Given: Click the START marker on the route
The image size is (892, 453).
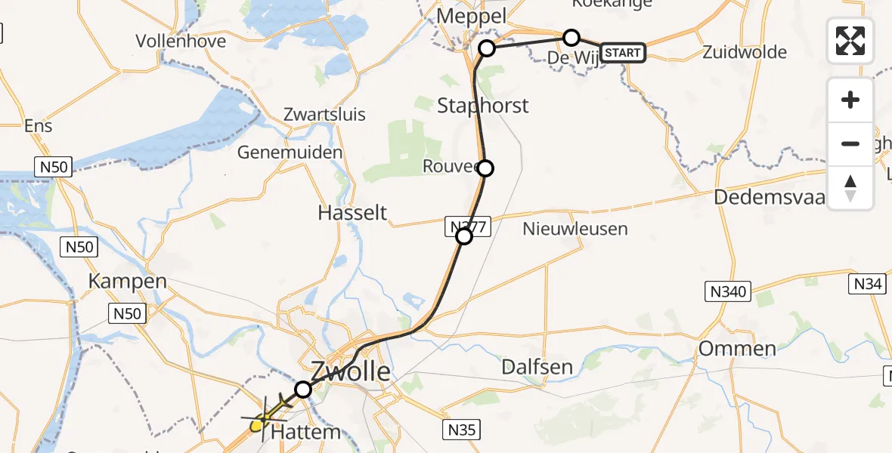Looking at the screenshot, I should click(623, 53).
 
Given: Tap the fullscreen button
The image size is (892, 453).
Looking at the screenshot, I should click(850, 41).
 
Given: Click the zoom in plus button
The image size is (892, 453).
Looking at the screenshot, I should click(850, 100).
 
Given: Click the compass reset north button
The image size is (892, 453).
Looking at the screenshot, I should click(850, 188).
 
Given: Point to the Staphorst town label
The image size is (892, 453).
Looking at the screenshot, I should click(483, 105).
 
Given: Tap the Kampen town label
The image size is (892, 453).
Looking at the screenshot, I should click(128, 282).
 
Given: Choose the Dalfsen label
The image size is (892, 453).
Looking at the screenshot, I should click(537, 368).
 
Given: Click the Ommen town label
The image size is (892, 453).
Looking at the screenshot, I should click(737, 349).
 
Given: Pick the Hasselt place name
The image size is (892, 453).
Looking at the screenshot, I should click(352, 213).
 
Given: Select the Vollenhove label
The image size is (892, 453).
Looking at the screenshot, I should click(181, 41).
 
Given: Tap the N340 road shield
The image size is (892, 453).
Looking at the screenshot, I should click(729, 291).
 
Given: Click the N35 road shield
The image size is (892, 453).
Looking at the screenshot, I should click(460, 430).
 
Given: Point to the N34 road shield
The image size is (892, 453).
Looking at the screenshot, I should click(867, 284).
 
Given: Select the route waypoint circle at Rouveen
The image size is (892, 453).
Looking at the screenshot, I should click(485, 168).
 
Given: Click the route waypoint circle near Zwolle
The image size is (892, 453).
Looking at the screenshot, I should click(302, 390).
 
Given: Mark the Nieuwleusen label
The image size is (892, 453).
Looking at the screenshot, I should click(575, 228).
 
